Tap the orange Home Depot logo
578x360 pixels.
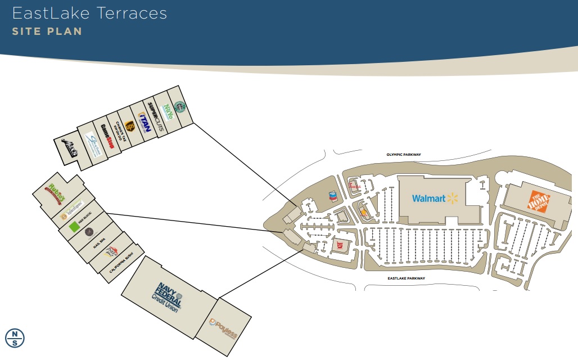point(539,201)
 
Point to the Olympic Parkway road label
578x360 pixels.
point(403,155)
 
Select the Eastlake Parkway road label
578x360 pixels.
point(406,278)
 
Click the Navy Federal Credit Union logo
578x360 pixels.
point(165,296)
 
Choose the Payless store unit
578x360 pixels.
point(223,328)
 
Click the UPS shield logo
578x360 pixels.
point(130,125)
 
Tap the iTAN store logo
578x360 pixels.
point(144,123)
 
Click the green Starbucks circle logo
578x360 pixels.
point(180,106)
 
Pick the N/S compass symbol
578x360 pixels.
point(15,337)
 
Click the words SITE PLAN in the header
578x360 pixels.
point(47,31)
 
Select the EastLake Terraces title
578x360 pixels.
point(89,13)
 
